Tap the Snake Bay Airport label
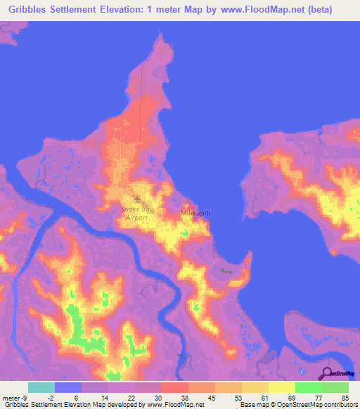[x=134, y=213]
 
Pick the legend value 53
[x=238, y=398]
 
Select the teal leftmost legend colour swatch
[x=41, y=387]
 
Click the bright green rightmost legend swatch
[x=335, y=387]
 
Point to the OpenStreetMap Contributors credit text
[x=309, y=405]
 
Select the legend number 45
[x=211, y=398]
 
